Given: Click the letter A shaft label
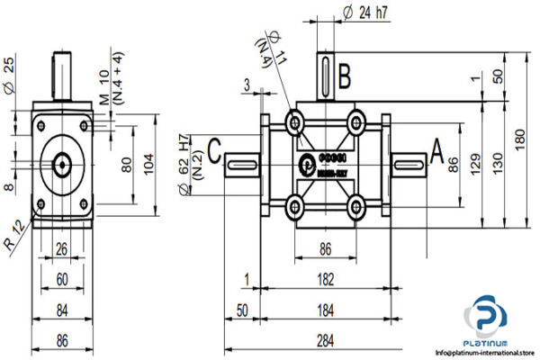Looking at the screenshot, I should click(436, 148).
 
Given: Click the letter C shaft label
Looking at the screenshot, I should click(214, 149).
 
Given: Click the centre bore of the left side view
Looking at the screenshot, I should click(63, 163).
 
